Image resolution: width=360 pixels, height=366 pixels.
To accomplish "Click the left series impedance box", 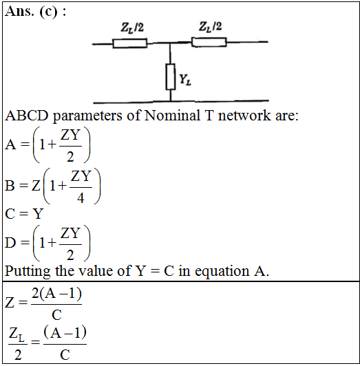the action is [x=130, y=43].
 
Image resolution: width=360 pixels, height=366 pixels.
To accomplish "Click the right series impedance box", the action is [x=209, y=42].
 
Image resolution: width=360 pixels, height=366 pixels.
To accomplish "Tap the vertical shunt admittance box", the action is [x=171, y=77].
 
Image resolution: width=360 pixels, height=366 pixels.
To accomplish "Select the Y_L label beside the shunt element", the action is [x=185, y=80].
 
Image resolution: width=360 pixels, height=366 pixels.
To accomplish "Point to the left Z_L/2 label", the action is [x=132, y=28].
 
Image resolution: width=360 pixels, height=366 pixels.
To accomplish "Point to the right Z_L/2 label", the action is [x=210, y=26].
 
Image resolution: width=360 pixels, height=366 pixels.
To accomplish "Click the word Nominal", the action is [x=172, y=116].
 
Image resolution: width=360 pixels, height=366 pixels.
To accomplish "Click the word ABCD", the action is [x=27, y=116].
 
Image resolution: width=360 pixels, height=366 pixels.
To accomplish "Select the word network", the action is [x=244, y=116].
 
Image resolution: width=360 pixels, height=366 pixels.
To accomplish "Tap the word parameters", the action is [x=87, y=116].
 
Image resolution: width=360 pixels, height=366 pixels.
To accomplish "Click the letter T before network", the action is [x=209, y=116].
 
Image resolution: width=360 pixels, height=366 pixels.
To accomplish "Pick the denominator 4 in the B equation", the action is [x=81, y=198].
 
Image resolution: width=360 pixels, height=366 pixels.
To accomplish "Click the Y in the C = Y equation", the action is [x=38, y=213].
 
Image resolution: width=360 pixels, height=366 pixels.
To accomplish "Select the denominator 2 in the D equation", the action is [x=70, y=255].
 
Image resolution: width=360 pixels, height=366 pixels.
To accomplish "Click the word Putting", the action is [x=28, y=272].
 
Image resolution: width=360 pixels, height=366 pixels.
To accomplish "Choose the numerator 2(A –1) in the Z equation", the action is [x=56, y=294].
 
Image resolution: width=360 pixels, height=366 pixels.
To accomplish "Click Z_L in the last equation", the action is [x=17, y=334].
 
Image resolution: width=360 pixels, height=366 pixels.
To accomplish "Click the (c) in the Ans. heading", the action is [x=48, y=12].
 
